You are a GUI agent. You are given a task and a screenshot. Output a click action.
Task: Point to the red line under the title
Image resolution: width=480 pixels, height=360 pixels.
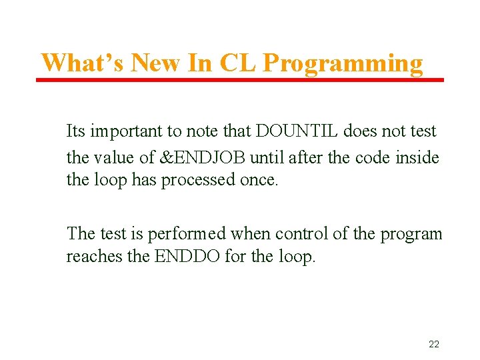click(x=240, y=80)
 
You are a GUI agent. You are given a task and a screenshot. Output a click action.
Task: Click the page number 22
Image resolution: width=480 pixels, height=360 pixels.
click(x=433, y=344)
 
